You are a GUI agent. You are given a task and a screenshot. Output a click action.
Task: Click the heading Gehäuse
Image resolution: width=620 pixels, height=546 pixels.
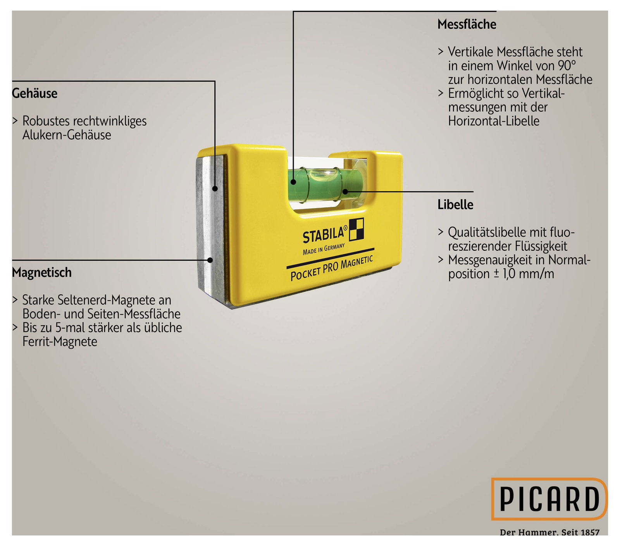34,93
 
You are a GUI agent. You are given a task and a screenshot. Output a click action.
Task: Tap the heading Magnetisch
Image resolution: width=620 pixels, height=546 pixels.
42,272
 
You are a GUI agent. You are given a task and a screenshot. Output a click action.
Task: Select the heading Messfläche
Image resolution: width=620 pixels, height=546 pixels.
467,24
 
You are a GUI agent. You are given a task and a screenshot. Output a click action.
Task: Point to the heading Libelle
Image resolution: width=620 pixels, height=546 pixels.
455,205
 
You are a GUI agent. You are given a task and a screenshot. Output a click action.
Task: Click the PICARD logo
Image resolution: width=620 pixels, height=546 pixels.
549,499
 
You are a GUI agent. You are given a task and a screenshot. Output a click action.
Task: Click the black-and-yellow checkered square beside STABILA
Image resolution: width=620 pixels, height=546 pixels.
356,229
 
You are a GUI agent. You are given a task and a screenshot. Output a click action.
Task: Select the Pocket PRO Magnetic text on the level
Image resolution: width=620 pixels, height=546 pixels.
332,268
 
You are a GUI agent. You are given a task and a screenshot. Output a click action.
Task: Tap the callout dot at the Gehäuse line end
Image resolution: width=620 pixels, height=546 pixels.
215,189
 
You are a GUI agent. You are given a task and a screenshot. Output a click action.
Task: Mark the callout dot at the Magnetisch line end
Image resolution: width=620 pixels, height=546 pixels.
210,260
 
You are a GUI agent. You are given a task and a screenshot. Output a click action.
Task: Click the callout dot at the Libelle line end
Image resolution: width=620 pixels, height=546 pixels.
345,191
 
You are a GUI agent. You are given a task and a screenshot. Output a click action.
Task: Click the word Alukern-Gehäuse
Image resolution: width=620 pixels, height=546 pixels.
67,135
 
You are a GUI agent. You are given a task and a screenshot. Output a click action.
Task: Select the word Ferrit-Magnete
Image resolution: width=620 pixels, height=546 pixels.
60,341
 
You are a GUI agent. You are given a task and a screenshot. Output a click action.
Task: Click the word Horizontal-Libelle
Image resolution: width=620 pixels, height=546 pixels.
494,121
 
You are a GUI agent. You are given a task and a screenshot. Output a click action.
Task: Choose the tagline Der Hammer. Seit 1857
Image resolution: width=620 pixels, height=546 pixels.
549,532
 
